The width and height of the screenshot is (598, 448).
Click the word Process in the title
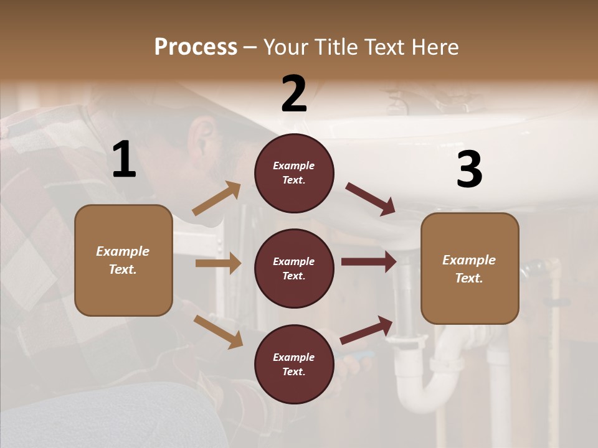click(196, 47)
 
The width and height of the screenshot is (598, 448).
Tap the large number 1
click(124, 160)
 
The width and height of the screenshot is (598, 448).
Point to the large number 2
click(294, 94)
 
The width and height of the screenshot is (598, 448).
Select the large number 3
click(469, 170)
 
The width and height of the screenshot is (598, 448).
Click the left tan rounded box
click(123, 260)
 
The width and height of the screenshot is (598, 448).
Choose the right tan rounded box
click(470, 269)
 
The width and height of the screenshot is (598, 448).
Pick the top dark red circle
click(294, 173)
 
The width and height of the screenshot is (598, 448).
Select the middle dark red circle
click(294, 268)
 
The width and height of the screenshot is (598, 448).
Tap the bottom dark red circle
click(294, 364)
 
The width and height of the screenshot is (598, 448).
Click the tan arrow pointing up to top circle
click(217, 198)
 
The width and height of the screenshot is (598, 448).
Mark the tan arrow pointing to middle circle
click(218, 263)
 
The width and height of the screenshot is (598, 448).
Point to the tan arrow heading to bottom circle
click(218, 332)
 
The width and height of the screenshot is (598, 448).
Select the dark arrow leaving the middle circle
click(369, 262)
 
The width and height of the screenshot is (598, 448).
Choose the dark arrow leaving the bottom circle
click(366, 330)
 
